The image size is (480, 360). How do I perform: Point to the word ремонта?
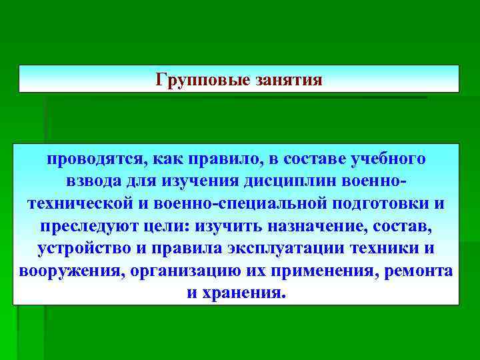click(x=420, y=271)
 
